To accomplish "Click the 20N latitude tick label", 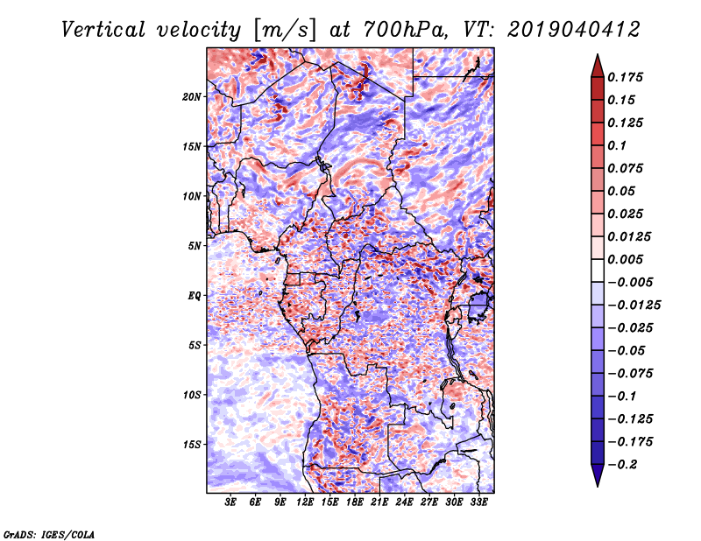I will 193,96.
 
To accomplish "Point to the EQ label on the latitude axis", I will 195,296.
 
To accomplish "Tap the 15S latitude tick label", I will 193,445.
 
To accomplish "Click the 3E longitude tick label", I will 230,502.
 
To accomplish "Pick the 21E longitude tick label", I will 379,502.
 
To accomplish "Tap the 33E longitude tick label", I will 478,502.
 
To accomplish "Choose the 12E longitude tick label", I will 305,502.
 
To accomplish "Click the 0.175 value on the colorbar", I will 627,77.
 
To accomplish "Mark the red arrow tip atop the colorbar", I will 596,60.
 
